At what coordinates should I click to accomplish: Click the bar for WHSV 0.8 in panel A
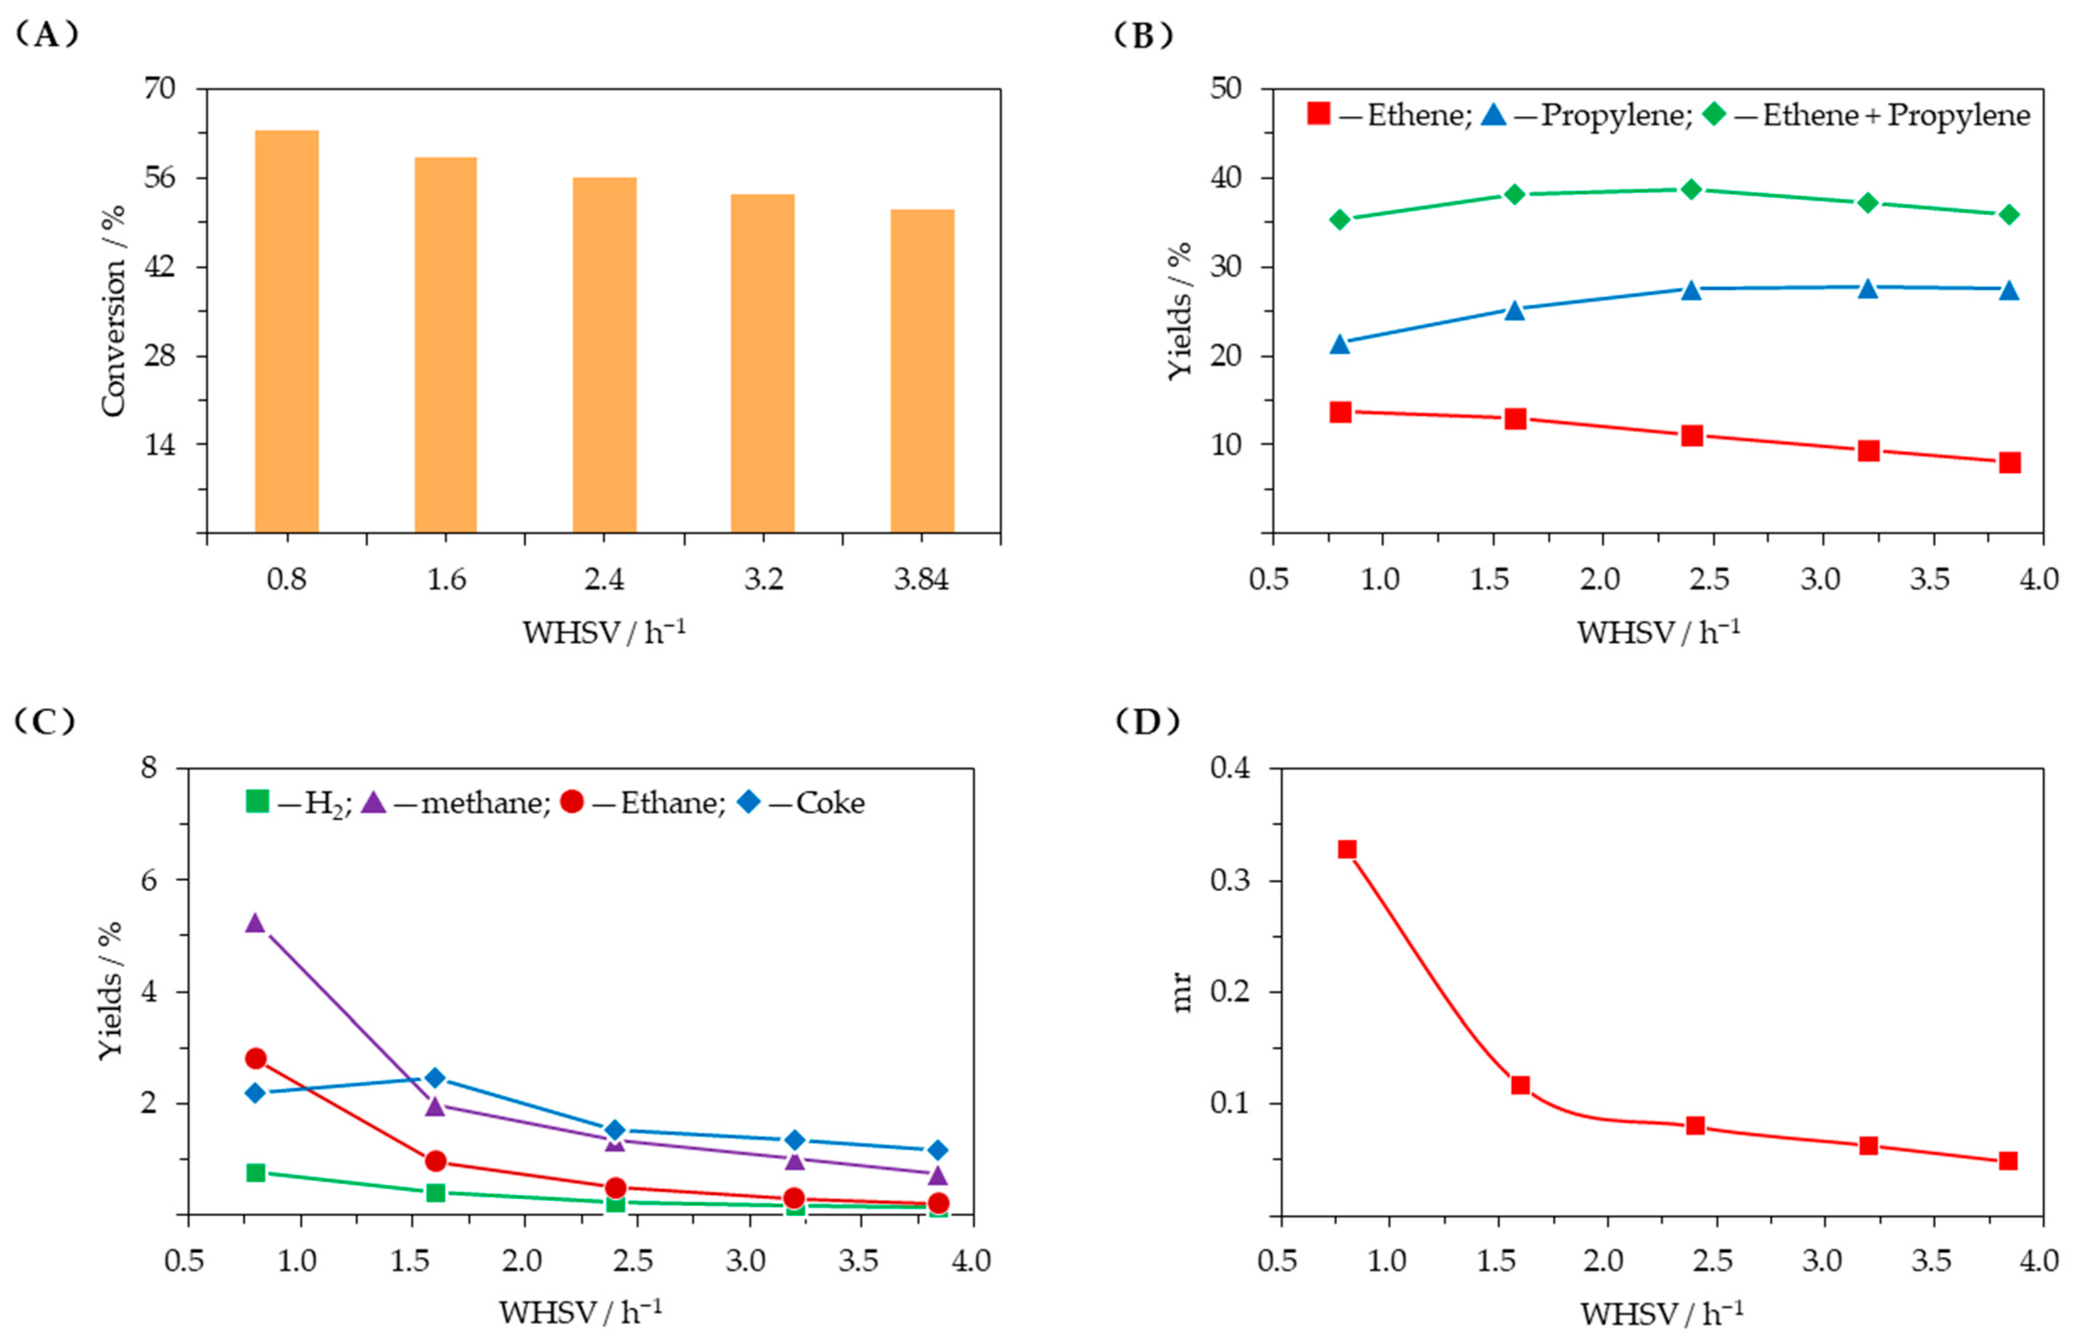point(286,331)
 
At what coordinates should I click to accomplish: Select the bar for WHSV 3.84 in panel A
point(922,370)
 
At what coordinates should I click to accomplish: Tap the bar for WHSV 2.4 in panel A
point(604,355)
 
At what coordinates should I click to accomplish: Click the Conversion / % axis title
point(113,311)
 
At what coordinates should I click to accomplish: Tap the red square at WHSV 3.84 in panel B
point(2009,463)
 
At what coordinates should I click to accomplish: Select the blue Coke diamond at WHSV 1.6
point(435,1078)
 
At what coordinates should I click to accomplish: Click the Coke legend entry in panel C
point(801,802)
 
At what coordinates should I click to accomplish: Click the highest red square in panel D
point(1347,849)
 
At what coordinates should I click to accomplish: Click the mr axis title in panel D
point(1181,992)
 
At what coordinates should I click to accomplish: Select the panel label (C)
point(45,721)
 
